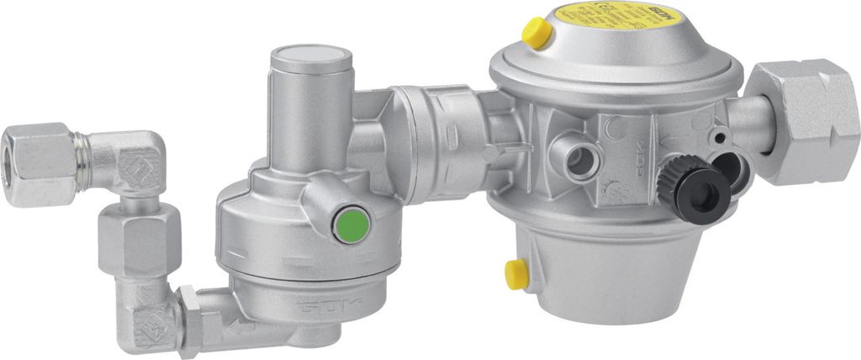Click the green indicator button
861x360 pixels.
[351, 225]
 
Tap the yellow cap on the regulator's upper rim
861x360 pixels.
[536, 33]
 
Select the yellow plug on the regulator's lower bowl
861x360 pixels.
[515, 274]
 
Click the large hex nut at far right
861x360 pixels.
[804, 122]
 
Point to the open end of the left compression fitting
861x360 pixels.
[18, 151]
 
